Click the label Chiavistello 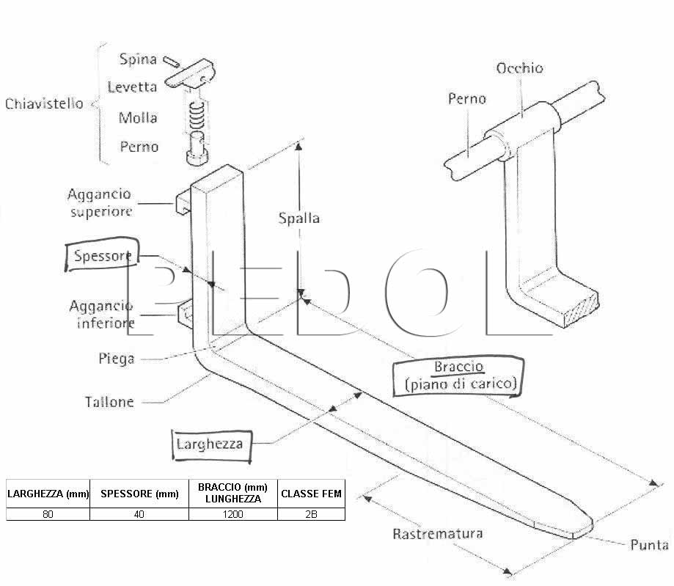[x=44, y=103]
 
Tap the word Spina [x=138, y=59]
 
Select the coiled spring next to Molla [x=197, y=116]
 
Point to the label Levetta [x=132, y=87]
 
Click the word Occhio [x=520, y=68]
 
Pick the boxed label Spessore [x=102, y=255]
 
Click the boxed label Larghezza [x=211, y=445]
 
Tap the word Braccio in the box [x=458, y=366]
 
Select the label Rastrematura [x=438, y=533]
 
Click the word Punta [x=649, y=545]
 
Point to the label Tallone [x=109, y=402]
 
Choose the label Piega [x=116, y=359]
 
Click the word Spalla [x=298, y=218]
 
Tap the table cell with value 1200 [x=233, y=514]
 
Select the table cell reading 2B [x=311, y=514]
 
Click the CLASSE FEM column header [x=311, y=494]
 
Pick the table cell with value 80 [x=48, y=514]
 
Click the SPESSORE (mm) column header [x=139, y=494]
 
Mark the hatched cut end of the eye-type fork [x=582, y=309]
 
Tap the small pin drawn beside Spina [x=172, y=62]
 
